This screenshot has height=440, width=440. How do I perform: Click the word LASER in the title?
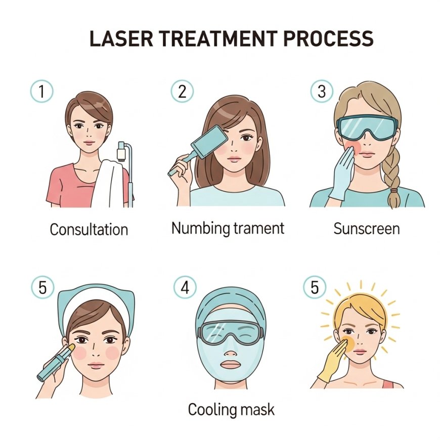tap(121, 38)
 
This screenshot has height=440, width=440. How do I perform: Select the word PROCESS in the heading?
tap(329, 38)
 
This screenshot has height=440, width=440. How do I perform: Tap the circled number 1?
tap(41, 91)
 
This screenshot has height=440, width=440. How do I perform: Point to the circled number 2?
tap(183, 91)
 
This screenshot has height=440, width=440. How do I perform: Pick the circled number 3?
tap(322, 91)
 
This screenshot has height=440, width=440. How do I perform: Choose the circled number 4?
tap(185, 287)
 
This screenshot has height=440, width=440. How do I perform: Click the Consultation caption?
tap(89, 229)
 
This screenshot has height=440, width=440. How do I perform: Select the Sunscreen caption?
tap(367, 229)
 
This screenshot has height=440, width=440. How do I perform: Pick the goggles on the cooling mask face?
tap(231, 332)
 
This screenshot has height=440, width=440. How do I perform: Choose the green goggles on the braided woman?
tap(367, 127)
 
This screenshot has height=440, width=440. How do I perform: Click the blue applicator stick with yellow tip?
tap(56, 362)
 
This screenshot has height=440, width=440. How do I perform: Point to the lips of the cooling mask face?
tap(231, 365)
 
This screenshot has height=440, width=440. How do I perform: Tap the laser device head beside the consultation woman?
tap(122, 152)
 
